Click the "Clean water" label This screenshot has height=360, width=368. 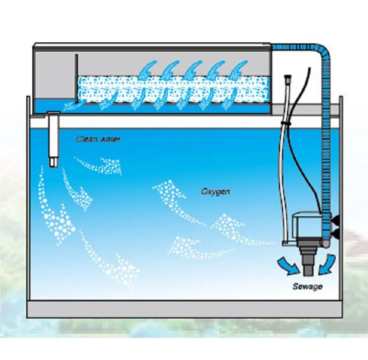pyautogui.click(x=98, y=139)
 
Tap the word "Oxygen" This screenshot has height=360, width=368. pyautogui.click(x=216, y=192)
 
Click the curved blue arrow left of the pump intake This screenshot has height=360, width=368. pyautogui.click(x=288, y=265)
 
